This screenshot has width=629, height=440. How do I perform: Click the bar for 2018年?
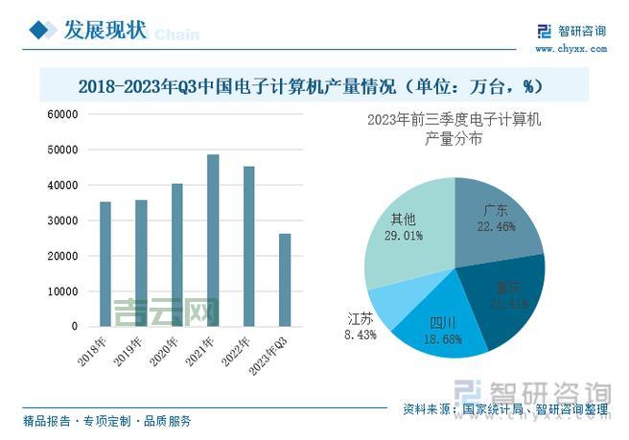tap(105, 264)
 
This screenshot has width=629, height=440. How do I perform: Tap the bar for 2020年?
tap(176, 255)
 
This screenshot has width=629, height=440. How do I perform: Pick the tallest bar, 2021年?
tap(212, 241)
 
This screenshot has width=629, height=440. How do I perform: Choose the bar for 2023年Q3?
tap(284, 280)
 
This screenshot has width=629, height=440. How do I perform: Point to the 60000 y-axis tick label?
tap(62, 114)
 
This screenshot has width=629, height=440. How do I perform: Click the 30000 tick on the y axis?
tap(62, 220)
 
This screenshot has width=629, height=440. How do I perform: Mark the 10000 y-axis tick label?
tap(62, 291)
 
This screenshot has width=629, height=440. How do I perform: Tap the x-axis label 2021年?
tap(203, 351)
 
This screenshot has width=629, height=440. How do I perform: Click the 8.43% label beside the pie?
tap(361, 336)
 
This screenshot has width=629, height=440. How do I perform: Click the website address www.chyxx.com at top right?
tap(570, 48)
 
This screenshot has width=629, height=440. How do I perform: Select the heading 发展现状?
tap(105, 31)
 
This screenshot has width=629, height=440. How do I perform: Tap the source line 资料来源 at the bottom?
tap(505, 409)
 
